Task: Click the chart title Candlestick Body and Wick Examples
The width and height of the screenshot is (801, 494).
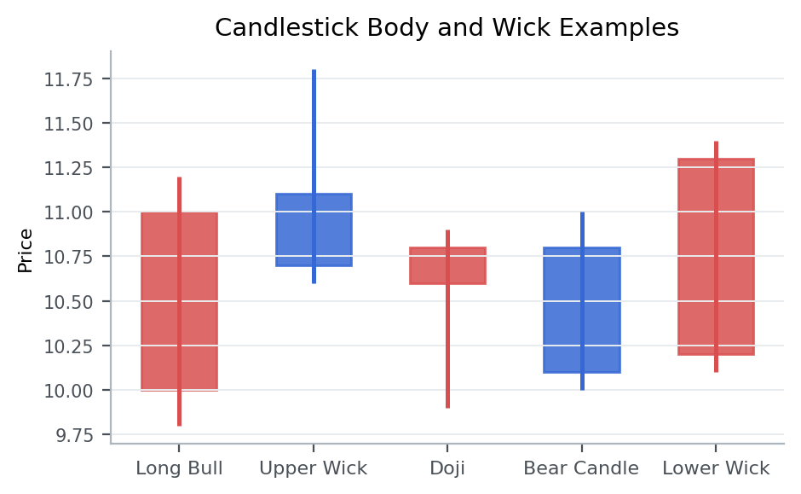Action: coord(447,28)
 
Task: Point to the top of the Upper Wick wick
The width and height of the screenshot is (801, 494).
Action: coord(314,71)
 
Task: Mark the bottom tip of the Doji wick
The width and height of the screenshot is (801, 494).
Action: coord(447,407)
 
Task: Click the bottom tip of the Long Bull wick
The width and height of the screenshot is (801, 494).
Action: coord(179,424)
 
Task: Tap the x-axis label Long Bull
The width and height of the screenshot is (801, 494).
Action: coord(179,468)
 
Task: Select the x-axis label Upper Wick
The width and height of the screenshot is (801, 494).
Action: coord(314,468)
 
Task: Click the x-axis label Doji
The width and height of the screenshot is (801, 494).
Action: coord(447,468)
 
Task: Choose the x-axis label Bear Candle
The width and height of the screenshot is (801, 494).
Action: coord(581,468)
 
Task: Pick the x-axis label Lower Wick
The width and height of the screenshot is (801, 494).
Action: coord(716,468)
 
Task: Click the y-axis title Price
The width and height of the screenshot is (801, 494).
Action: coord(26,250)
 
